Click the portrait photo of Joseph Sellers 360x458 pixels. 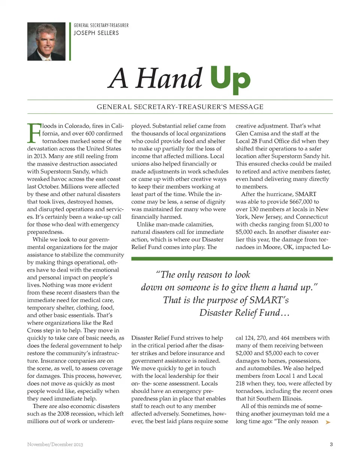pyautogui.click(x=46, y=42)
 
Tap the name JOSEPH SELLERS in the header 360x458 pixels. pyautogui.click(x=96, y=33)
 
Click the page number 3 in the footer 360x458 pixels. pyautogui.click(x=331, y=444)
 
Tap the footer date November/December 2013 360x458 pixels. pyautogui.click(x=55, y=444)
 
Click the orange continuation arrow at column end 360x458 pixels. pyautogui.click(x=328, y=422)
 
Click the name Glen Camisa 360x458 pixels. pyautogui.click(x=252, y=134)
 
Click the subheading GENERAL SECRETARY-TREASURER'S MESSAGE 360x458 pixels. pyautogui.click(x=180, y=107)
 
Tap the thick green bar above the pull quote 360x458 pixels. pyautogui.click(x=232, y=258)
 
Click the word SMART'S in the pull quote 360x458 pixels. pyautogui.click(x=269, y=300)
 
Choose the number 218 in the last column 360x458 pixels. pyautogui.click(x=241, y=383)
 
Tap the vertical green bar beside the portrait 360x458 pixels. pyautogui.click(x=70, y=42)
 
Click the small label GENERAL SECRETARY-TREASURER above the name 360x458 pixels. pyautogui.click(x=101, y=26)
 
